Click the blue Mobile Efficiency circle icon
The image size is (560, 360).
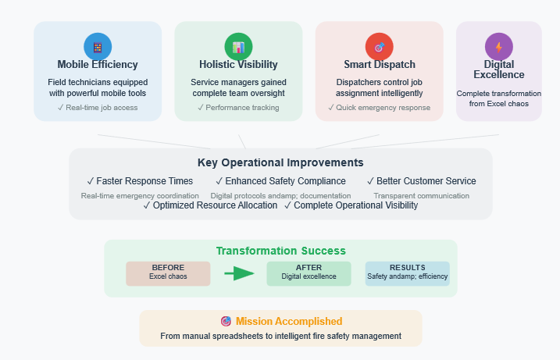pos(98,47)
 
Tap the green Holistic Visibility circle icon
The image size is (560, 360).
pos(238,47)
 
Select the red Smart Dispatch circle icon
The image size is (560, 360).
pos(380,47)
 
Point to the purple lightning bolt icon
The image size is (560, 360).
pos(499,47)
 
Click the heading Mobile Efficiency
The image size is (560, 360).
pos(98,64)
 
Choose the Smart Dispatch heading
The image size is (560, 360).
pos(380,64)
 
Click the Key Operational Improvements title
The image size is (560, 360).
pos(280,162)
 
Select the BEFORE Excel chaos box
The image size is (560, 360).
pos(168,273)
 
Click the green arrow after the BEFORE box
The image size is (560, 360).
pos(239,273)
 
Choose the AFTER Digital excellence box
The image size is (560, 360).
pos(309,273)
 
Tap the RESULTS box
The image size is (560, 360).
pos(407,273)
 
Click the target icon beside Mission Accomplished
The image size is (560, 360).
pos(226,322)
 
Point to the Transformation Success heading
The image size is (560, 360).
pos(280,251)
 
